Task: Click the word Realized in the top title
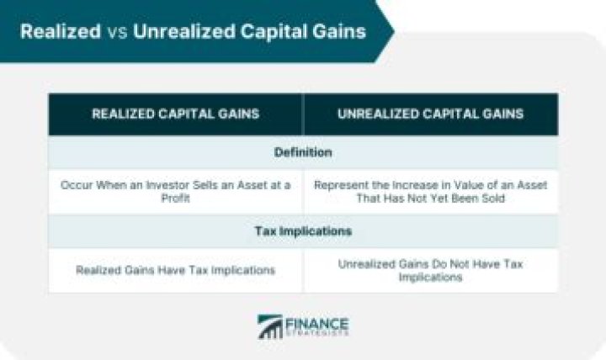coord(59,32)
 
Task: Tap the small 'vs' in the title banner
coord(115,32)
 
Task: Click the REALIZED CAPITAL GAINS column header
coord(175,114)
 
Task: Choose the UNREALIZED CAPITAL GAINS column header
coord(430,114)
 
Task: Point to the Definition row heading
coord(303,153)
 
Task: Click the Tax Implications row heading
coord(303,230)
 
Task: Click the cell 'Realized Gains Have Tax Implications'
coord(175,270)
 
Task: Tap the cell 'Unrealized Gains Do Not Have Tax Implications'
coord(430,270)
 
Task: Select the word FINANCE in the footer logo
coord(317,321)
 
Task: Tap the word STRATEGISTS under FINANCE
coord(317,334)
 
